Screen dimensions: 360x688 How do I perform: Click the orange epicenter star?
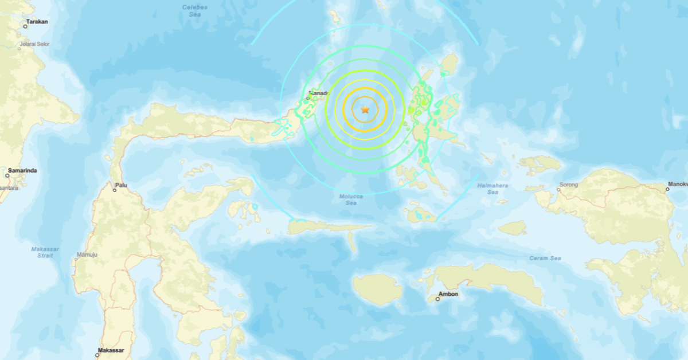[x=365, y=109]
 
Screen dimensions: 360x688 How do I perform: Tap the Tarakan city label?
[x=37, y=22]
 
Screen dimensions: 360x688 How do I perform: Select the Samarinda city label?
[x=24, y=171]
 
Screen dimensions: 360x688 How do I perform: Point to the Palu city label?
[x=122, y=185]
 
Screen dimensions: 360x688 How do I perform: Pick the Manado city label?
[x=319, y=93]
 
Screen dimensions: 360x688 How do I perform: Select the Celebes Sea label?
[x=194, y=11]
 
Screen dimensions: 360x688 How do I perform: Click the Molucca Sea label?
[x=351, y=200]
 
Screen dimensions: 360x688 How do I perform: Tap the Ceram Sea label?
[x=545, y=259]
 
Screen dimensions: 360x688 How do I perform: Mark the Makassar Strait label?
[x=42, y=252]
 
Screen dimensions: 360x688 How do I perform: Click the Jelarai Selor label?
[x=35, y=44]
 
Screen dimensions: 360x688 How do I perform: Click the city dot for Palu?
[x=115, y=190]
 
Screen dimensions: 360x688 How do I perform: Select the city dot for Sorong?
[x=560, y=190]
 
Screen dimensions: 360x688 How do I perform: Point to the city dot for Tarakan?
[x=26, y=26]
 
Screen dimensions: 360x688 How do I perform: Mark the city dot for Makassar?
[x=97, y=355]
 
